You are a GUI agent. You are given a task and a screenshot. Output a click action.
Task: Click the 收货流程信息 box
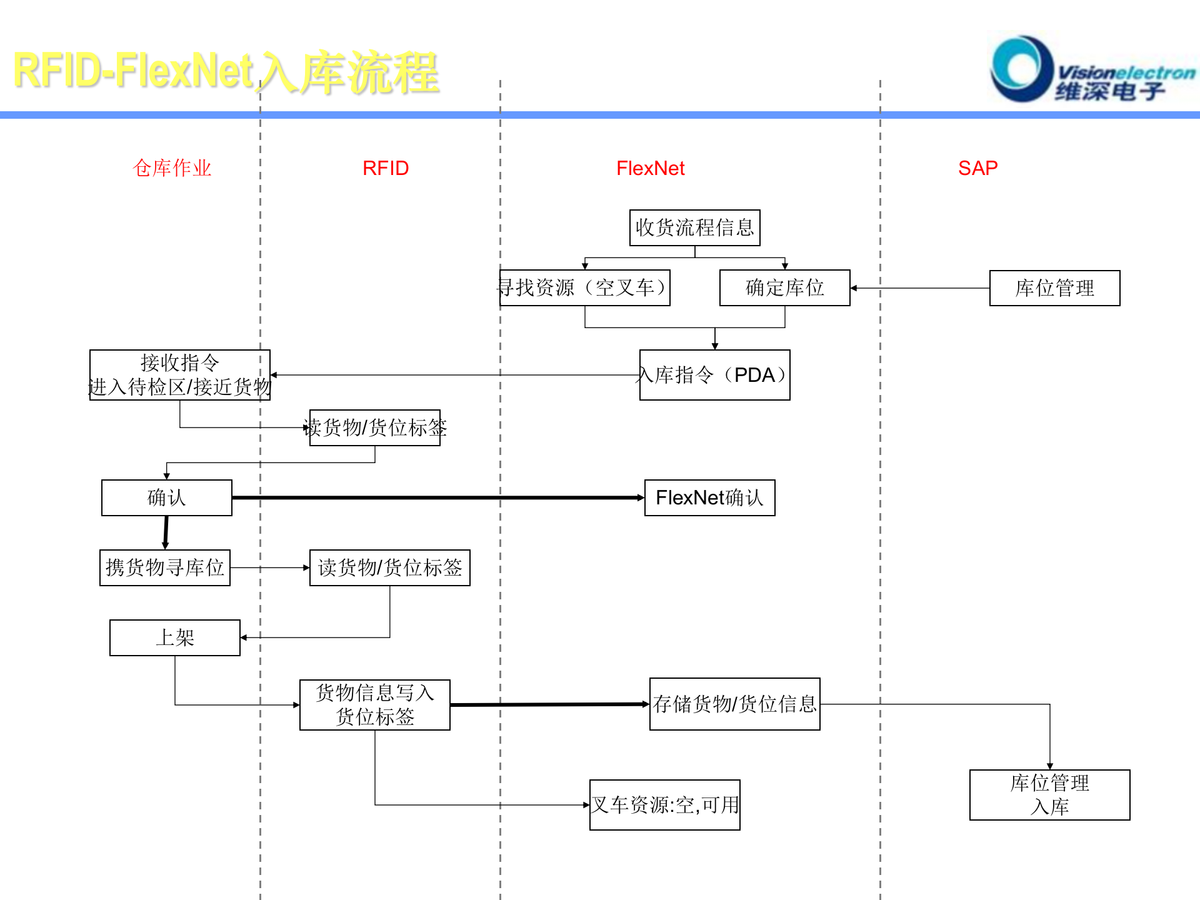694,227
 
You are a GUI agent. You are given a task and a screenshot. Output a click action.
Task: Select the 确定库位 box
784,287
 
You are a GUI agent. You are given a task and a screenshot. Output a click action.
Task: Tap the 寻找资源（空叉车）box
584,287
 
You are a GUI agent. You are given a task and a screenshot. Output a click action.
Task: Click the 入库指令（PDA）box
714,375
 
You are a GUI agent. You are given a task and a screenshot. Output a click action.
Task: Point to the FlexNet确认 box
709,497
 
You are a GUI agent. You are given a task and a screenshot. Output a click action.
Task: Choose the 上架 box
174,637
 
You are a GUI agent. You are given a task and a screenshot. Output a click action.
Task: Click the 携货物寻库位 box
164,567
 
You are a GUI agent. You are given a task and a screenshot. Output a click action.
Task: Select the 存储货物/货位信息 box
734,704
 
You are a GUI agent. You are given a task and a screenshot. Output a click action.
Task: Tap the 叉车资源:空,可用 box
664,805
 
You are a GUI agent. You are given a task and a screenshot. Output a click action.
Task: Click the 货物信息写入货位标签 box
374,705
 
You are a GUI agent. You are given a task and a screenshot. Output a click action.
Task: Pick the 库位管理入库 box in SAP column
1049,795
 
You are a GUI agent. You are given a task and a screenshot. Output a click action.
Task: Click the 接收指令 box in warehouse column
179,375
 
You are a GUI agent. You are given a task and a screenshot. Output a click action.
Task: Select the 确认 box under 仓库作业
166,497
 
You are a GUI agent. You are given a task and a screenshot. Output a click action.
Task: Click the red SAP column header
977,168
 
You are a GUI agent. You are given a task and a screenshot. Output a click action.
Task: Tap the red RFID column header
386,168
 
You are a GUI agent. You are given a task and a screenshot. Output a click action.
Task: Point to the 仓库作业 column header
172,168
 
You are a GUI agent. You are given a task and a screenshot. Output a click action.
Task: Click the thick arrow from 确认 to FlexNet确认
437,497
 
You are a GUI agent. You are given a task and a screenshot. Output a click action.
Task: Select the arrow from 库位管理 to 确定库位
919,288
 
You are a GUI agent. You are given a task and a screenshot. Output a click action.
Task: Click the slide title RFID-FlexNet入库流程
225,72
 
